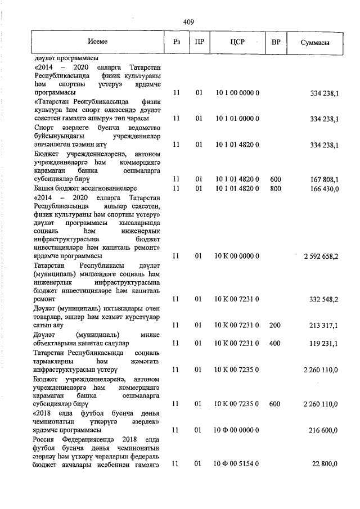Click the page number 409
(188, 22)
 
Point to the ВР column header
(276, 43)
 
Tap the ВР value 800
(276, 188)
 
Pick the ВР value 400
(276, 343)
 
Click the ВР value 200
(276, 325)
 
